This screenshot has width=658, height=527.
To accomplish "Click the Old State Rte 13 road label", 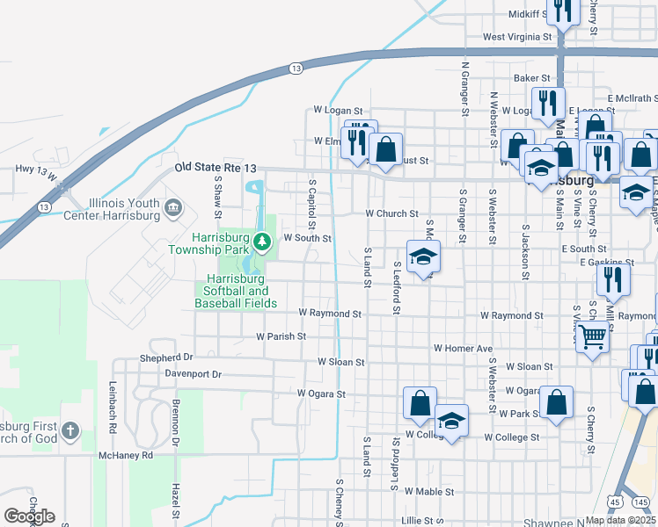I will pyautogui.click(x=216, y=167).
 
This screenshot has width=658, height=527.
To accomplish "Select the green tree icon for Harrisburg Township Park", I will pyautogui.click(x=261, y=240).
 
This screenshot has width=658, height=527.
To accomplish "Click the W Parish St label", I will pyautogui.click(x=281, y=336).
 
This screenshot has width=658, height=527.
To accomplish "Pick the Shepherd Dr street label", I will pyautogui.click(x=165, y=358).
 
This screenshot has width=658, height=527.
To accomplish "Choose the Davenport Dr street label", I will pyautogui.click(x=193, y=374).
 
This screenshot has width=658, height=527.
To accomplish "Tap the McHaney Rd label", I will pyautogui.click(x=126, y=455).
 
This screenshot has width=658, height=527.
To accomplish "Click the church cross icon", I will pyautogui.click(x=69, y=431).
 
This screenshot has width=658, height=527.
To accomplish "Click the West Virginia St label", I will pyautogui.click(x=517, y=38).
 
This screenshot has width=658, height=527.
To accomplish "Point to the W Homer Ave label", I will pyautogui.click(x=463, y=349).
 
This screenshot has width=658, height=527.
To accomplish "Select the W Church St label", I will pyautogui.click(x=391, y=213).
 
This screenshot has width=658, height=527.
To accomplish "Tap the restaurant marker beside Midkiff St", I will pyautogui.click(x=562, y=11).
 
